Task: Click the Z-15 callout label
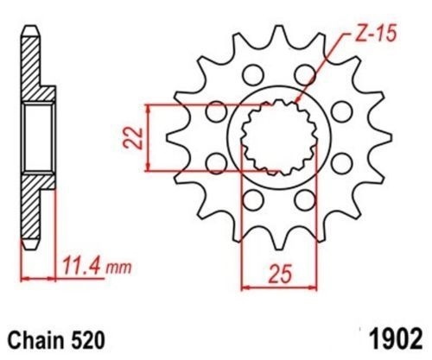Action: click(376, 33)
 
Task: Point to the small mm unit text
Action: click(118, 268)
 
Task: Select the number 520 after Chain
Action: click(88, 341)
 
